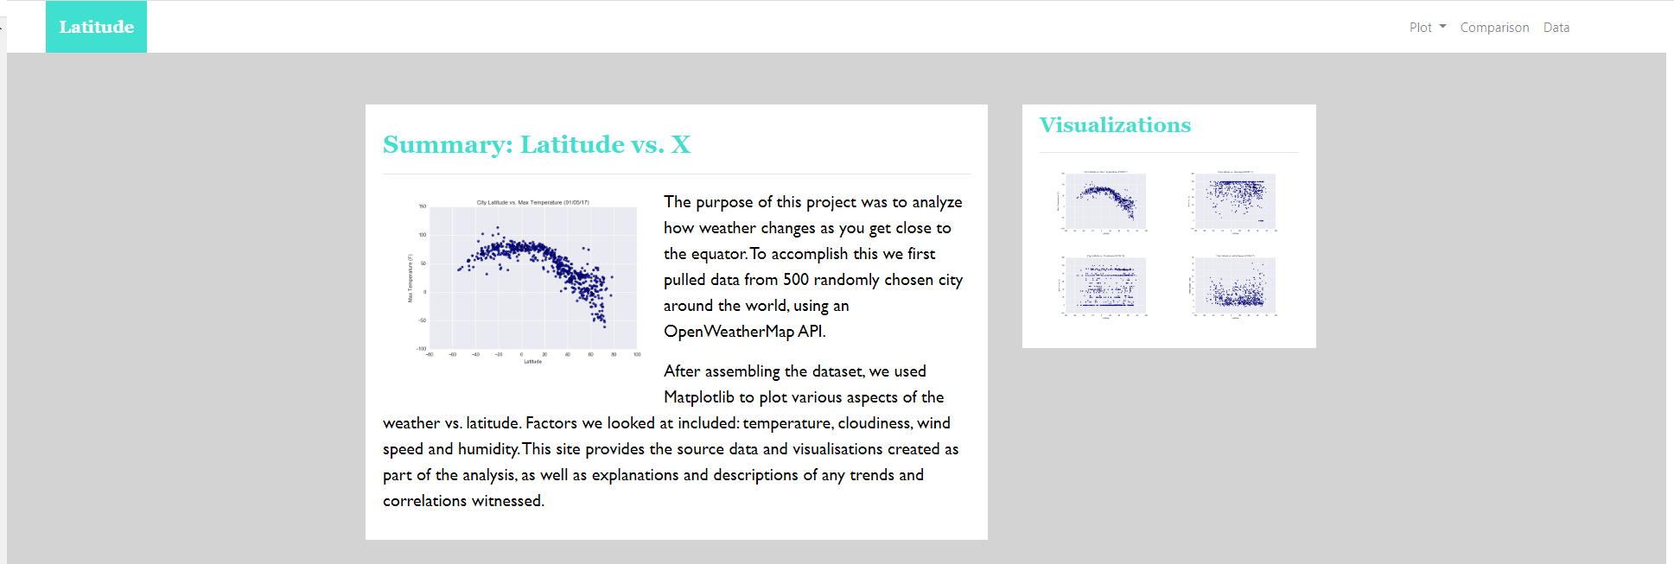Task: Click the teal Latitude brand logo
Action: (x=96, y=27)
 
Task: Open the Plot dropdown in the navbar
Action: (x=1427, y=28)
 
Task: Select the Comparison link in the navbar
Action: (x=1494, y=28)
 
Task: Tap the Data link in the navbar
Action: (x=1556, y=28)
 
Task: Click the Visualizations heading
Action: (x=1115, y=125)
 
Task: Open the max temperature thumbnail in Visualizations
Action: (x=1104, y=201)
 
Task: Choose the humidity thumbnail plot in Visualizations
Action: (x=1234, y=201)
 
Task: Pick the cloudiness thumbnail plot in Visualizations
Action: (x=1104, y=286)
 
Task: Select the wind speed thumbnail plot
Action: (x=1234, y=286)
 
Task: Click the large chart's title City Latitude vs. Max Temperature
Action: (x=532, y=202)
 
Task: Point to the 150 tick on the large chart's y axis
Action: (x=423, y=206)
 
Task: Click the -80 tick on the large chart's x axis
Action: (x=430, y=354)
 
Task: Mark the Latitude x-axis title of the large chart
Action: (x=532, y=361)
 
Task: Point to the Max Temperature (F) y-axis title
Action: (x=411, y=278)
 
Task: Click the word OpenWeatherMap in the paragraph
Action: (x=729, y=332)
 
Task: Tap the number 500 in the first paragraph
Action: (x=795, y=280)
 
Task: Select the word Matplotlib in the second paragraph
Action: (x=698, y=397)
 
